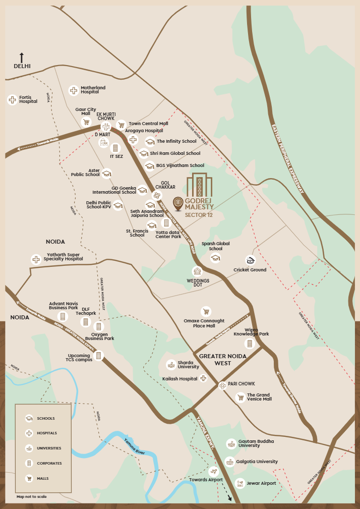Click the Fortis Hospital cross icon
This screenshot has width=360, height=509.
click(x=12, y=99)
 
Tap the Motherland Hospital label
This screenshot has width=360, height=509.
click(x=93, y=90)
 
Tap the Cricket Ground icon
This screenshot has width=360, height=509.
click(x=250, y=260)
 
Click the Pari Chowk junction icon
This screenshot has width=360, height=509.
click(x=222, y=385)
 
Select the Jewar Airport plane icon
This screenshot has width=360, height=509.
click(x=240, y=483)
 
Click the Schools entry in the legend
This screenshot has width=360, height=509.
click(x=45, y=418)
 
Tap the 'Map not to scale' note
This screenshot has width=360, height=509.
click(x=31, y=497)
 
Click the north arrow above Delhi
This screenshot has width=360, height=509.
click(x=22, y=57)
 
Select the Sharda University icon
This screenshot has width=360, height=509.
click(x=171, y=364)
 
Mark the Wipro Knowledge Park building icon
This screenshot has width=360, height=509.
click(x=250, y=344)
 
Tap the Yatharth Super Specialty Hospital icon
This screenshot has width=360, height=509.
click(x=36, y=259)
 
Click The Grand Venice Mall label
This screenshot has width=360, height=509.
click(x=259, y=397)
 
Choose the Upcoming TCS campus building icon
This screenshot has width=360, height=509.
click(x=99, y=356)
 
